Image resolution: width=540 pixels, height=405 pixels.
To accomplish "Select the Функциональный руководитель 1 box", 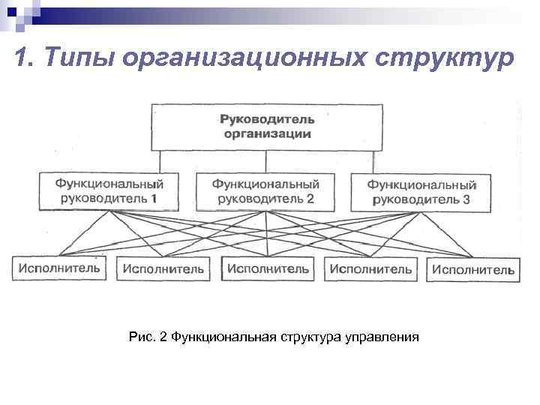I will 109,191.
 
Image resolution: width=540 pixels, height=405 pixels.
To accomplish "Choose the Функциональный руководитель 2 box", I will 266,191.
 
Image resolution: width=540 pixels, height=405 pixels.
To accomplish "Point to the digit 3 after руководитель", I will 466,200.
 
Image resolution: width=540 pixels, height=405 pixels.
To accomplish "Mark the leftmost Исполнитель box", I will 58,267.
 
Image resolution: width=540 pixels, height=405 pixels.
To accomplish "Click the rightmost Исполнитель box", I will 473,269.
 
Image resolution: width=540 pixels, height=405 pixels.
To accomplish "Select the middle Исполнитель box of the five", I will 267,268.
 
